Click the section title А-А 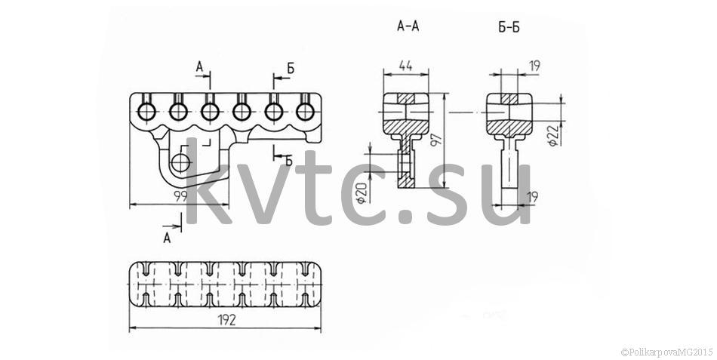[x=408, y=26]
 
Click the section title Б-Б [x=509, y=27]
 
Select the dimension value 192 [x=227, y=320]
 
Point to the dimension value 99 [x=181, y=197]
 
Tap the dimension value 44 [x=405, y=66]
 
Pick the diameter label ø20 [x=362, y=192]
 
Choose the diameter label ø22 [x=553, y=135]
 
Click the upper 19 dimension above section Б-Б [x=534, y=66]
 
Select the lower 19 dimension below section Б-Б [x=532, y=198]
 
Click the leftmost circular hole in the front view [x=146, y=111]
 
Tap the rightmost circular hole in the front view [x=305, y=111]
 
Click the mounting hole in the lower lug [x=181, y=162]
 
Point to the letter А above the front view [x=200, y=66]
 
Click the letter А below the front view [x=168, y=238]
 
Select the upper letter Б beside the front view [x=291, y=69]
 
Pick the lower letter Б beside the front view [x=288, y=161]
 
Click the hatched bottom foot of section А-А [x=406, y=183]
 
